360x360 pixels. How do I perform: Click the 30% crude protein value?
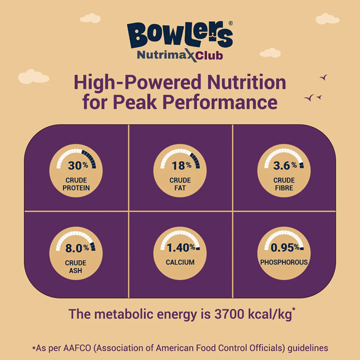78,166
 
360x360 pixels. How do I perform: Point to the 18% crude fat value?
181,166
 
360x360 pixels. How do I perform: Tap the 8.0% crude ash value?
77,248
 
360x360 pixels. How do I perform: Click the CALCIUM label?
180,262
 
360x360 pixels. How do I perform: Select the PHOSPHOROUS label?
284,262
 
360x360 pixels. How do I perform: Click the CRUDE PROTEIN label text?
76,184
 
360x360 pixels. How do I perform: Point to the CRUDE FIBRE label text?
284,184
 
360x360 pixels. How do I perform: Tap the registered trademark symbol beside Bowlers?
231,23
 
